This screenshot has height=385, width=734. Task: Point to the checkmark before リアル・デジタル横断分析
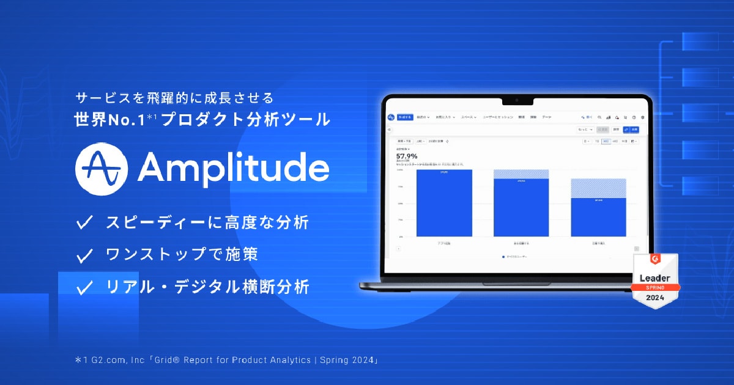tap(84, 287)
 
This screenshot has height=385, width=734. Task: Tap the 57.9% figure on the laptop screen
tap(407, 155)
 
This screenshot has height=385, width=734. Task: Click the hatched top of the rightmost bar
tap(598, 188)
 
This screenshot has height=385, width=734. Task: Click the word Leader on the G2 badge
tap(655, 278)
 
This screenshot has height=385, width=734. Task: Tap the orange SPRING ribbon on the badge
tap(655, 287)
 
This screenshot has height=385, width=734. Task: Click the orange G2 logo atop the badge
tap(655, 260)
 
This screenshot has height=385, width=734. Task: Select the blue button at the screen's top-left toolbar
tap(405, 117)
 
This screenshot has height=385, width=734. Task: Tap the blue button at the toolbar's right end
tap(634, 130)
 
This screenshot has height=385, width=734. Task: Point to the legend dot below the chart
tap(503, 257)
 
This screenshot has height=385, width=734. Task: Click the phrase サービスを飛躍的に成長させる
tap(174, 98)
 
